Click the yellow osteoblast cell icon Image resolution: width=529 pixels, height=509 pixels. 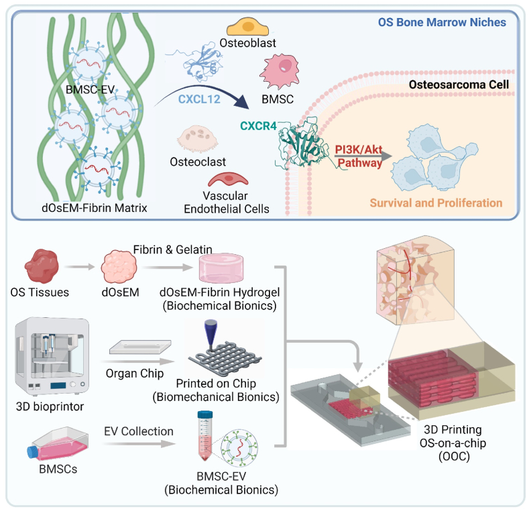click(x=247, y=27)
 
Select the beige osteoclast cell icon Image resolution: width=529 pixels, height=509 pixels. click(x=198, y=139)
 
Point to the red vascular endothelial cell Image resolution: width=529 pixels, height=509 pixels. click(x=228, y=179)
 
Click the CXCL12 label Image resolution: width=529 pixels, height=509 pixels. click(x=199, y=99)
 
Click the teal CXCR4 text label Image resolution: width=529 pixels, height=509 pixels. click(x=258, y=126)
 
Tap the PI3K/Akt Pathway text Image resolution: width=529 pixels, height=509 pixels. click(x=359, y=156)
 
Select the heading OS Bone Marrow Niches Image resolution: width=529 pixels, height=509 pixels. click(x=442, y=22)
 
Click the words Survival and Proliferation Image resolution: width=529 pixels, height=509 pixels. click(x=436, y=203)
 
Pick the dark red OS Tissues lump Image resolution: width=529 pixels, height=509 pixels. click(x=42, y=266)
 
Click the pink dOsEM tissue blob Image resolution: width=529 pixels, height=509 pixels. click(x=119, y=267)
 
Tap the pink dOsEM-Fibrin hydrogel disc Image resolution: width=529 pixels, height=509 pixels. click(x=221, y=268)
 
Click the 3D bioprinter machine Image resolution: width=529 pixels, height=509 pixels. click(x=52, y=356)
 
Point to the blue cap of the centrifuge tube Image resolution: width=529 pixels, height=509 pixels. click(x=204, y=415)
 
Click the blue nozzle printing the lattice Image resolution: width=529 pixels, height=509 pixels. click(x=211, y=333)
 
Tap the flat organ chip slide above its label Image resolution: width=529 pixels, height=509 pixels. click(x=140, y=347)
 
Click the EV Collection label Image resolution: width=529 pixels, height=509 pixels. click(x=139, y=431)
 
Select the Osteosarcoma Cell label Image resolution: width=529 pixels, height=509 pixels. click(x=459, y=84)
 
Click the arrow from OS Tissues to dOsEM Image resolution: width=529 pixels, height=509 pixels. click(x=80, y=267)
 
